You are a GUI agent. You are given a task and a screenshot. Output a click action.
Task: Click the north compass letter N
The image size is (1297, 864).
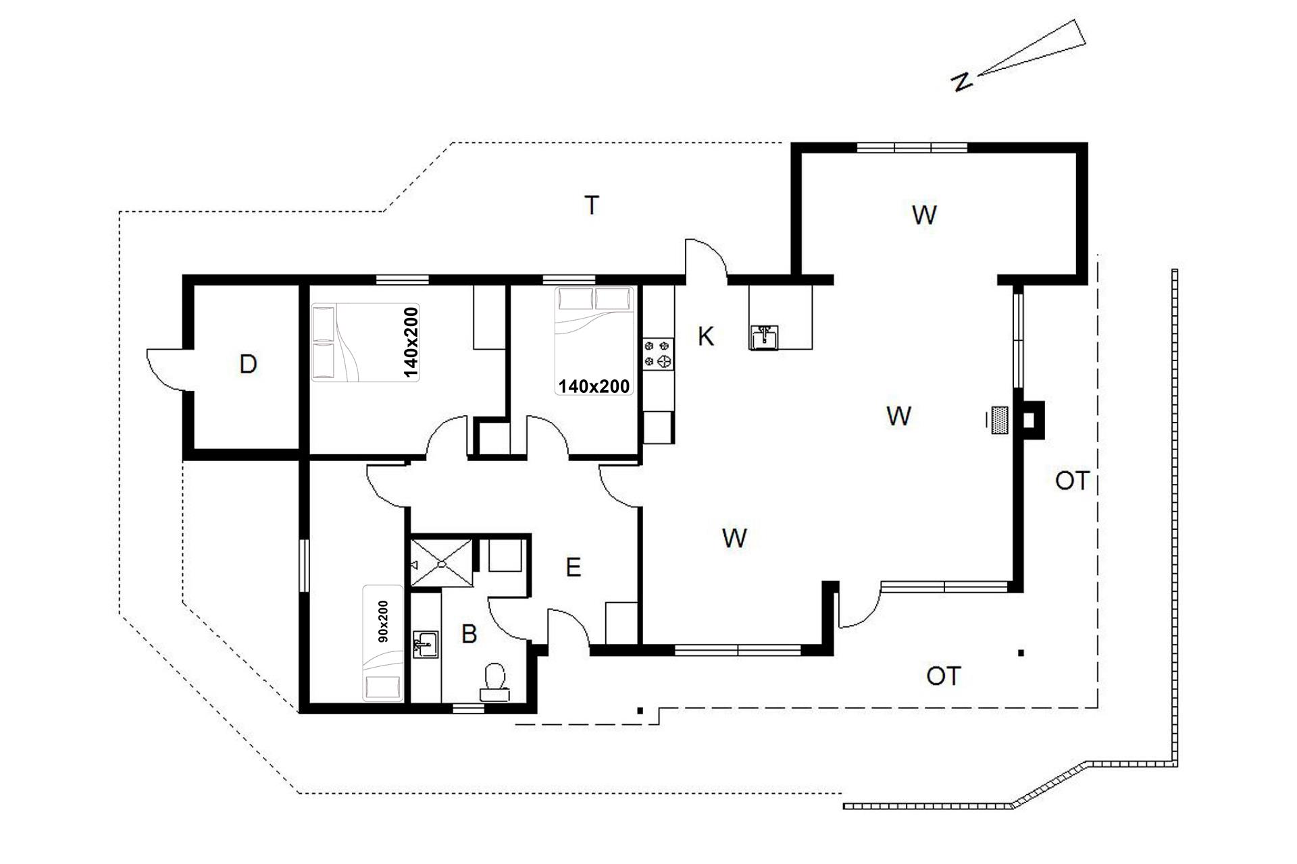click(961, 82)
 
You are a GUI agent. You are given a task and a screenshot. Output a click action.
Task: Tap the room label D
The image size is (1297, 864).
click(248, 364)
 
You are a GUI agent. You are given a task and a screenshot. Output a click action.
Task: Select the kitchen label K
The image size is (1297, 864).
click(706, 336)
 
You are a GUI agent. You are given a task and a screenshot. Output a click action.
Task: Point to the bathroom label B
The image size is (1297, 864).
click(469, 634)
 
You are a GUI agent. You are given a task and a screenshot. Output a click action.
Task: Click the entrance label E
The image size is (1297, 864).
click(573, 568)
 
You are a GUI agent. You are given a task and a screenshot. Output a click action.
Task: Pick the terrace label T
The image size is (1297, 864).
click(592, 205)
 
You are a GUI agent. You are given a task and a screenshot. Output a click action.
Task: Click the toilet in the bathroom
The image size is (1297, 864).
click(495, 682)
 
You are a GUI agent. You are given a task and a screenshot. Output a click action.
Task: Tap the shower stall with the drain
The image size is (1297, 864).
click(442, 562)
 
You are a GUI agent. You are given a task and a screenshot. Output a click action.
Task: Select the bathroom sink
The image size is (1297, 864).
click(426, 645)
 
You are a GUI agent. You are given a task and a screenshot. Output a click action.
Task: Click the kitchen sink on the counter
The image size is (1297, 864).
click(765, 337)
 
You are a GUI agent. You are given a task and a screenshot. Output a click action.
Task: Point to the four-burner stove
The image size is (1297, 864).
click(659, 354)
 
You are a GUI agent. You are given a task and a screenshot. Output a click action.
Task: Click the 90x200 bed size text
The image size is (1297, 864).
click(383, 620)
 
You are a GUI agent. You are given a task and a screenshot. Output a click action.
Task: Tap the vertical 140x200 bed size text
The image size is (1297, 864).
click(411, 342)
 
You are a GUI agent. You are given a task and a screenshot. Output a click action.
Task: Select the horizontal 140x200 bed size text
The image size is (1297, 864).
click(594, 386)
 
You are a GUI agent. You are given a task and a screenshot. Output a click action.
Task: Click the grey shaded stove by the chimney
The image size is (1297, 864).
click(1000, 420)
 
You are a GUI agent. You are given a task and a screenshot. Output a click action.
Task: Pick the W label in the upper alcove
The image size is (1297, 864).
click(924, 215)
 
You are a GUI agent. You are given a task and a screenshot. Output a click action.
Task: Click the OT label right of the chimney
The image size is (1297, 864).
click(1072, 481)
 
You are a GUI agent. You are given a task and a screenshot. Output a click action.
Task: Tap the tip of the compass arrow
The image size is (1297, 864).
click(978, 74)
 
